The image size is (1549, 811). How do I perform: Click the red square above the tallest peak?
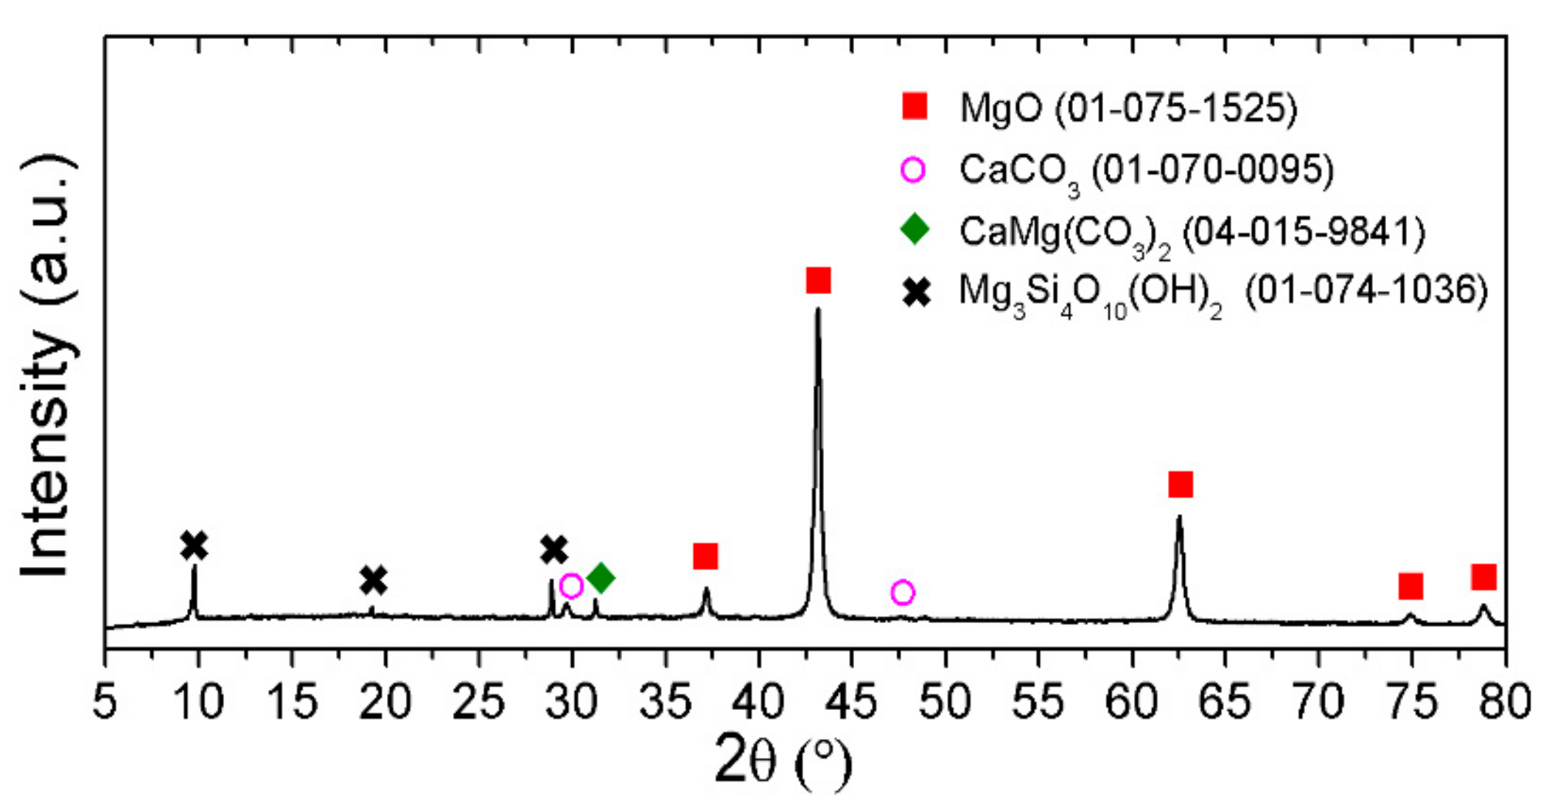point(818,280)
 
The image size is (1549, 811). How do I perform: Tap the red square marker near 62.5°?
point(1180,484)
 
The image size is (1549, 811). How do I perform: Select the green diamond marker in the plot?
point(601,577)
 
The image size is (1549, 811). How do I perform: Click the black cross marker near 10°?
point(194,546)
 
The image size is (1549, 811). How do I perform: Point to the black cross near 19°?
point(374,580)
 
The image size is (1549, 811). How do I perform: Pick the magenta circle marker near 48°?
point(902,592)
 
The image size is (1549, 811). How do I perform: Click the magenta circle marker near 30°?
point(571,586)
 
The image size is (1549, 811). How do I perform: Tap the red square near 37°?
point(705,556)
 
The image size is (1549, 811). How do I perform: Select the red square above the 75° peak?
point(1410,586)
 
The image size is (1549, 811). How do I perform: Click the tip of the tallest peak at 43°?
point(817,309)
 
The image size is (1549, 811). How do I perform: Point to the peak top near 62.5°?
point(1179,517)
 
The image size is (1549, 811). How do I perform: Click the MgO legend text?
point(1127,108)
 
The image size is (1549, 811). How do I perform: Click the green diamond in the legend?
point(915,229)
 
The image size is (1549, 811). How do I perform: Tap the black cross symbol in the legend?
point(916,293)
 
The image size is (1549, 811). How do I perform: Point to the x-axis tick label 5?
point(105,702)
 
